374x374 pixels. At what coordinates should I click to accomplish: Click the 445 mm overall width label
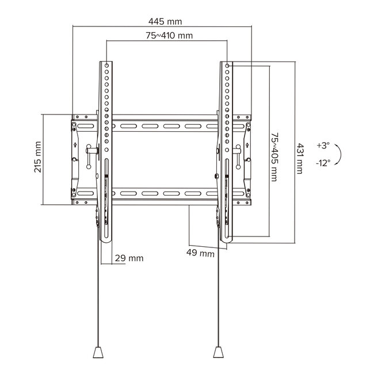pos(165,21)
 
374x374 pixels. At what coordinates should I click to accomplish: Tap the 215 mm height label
pos(38,158)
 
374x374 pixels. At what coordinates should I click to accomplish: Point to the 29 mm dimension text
pos(129,258)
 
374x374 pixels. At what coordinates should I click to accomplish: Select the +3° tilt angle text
pos(323,146)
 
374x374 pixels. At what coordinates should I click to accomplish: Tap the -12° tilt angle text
pos(323,163)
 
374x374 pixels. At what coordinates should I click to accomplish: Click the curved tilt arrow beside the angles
pos(339,154)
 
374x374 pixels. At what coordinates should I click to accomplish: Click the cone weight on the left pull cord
pos(96,351)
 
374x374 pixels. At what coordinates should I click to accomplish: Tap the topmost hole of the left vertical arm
pos(108,65)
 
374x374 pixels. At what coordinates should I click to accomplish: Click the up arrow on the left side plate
pos(76,143)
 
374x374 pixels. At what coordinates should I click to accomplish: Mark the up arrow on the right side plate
pos(247,143)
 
